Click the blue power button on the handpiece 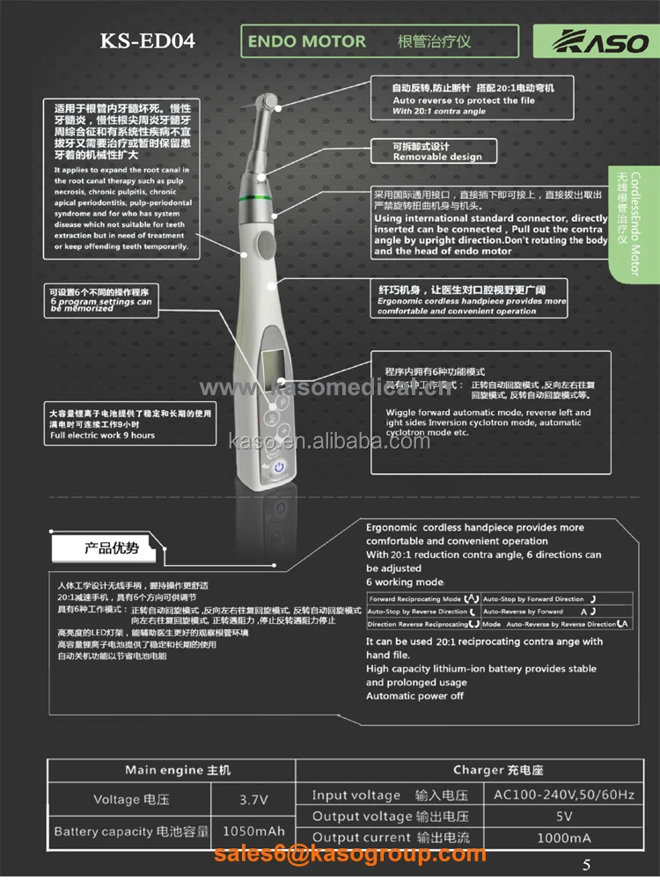279,468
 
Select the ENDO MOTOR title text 306,41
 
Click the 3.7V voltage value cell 253,800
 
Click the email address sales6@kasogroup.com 349,854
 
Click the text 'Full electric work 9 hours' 102,436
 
